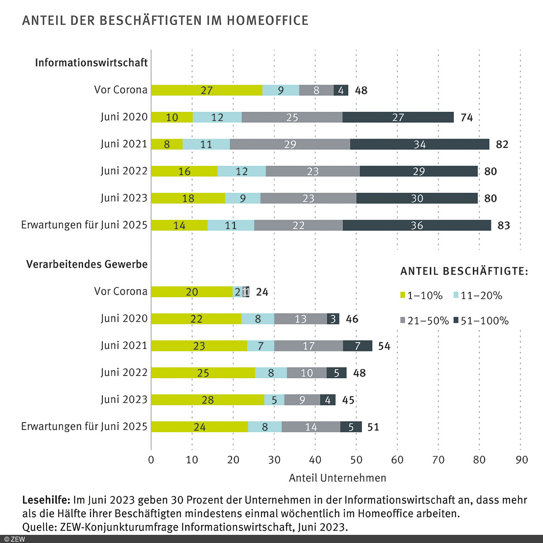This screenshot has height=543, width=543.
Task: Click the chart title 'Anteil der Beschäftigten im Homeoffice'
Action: click(x=165, y=21)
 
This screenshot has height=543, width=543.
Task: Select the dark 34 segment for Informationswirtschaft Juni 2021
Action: click(x=419, y=144)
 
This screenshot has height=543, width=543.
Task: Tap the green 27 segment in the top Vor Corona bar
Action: click(x=206, y=90)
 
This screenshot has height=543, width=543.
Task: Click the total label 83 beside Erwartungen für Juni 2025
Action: click(x=504, y=225)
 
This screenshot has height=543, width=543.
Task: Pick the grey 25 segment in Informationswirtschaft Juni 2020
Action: click(x=292, y=117)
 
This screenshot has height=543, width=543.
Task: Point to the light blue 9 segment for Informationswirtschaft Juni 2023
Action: click(x=243, y=198)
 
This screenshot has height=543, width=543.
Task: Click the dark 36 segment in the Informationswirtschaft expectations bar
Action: click(x=417, y=225)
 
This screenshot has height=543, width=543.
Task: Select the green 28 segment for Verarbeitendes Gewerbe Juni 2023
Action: click(x=207, y=400)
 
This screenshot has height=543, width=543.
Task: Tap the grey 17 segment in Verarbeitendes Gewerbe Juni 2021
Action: click(x=309, y=346)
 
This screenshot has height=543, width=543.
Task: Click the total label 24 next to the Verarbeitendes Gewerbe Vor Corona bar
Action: click(x=262, y=292)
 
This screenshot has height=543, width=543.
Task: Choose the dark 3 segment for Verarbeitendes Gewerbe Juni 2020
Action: click(x=333, y=319)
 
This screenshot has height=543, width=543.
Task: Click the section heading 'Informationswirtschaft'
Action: click(x=91, y=62)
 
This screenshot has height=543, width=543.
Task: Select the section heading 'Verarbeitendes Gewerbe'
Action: click(x=87, y=264)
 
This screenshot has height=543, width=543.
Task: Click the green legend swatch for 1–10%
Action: click(x=403, y=296)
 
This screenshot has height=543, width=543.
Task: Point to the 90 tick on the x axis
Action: click(x=521, y=460)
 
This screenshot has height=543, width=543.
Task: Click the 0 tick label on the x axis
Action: click(x=151, y=460)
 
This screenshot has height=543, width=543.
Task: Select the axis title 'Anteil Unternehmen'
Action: click(x=338, y=478)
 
